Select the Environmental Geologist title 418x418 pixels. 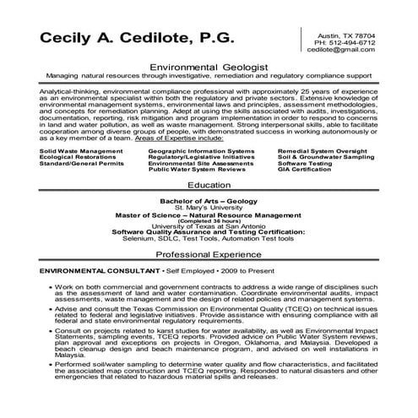(208, 65)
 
